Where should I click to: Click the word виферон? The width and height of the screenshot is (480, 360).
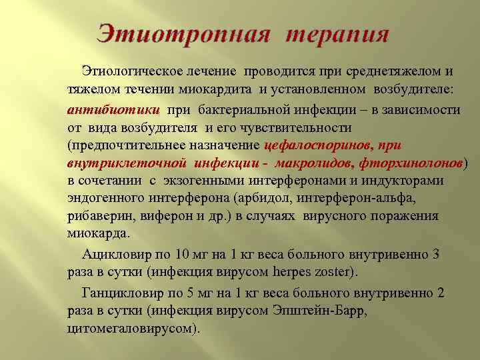pyautogui.click(x=157, y=217)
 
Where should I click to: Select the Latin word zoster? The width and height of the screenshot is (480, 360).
pyautogui.click(x=335, y=273)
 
